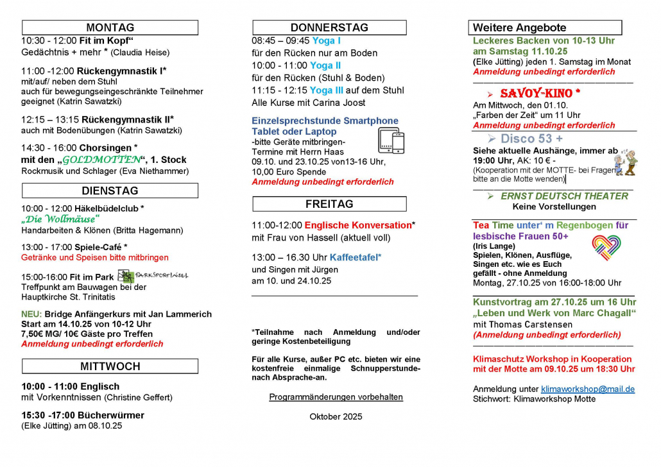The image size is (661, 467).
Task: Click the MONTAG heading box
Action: coord(110,28)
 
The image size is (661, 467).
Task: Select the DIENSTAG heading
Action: coord(110,191)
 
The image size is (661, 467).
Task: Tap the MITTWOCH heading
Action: coord(110,366)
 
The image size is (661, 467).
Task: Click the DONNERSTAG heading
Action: coord(329,28)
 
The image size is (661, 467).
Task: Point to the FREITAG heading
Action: coord(329,204)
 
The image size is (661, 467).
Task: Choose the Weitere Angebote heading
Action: coord(546,28)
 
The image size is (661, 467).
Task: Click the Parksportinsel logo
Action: coord(153,276)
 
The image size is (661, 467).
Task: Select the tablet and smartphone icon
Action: coord(391,140)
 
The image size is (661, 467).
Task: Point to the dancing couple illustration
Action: coord(625,162)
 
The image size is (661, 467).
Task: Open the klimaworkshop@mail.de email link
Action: coord(587,389)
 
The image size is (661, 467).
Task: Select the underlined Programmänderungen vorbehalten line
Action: coord(336,397)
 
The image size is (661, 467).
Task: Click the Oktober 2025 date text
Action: coord(336,416)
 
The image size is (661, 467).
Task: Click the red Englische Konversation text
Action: coord(357,225)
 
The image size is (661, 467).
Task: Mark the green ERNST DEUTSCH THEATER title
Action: coord(564,196)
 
